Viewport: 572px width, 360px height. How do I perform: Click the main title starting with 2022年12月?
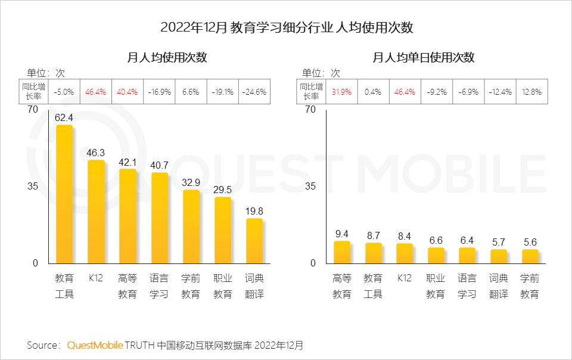287,27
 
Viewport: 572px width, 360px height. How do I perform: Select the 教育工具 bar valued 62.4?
64,194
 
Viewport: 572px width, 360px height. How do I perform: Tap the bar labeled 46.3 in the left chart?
96,212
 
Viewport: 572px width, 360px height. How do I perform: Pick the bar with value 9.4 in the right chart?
342,252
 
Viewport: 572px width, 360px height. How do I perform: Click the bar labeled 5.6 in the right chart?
530,256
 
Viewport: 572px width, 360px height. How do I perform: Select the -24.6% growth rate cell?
254,92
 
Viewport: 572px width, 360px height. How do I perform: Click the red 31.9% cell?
342,92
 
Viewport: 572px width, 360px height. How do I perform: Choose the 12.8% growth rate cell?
530,92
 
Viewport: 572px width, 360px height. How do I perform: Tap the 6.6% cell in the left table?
191,92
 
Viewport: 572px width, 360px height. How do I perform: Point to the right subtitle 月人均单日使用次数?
424,58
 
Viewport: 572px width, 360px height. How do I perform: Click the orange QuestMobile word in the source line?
95,345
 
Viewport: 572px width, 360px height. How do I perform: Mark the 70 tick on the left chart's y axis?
32,109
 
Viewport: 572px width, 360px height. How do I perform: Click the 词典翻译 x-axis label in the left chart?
254,286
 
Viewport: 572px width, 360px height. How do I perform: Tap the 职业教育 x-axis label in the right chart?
436,286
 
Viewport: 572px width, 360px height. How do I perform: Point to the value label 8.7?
374,235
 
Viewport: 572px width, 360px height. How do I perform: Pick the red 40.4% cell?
128,92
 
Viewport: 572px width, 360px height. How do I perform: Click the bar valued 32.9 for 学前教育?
191,226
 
